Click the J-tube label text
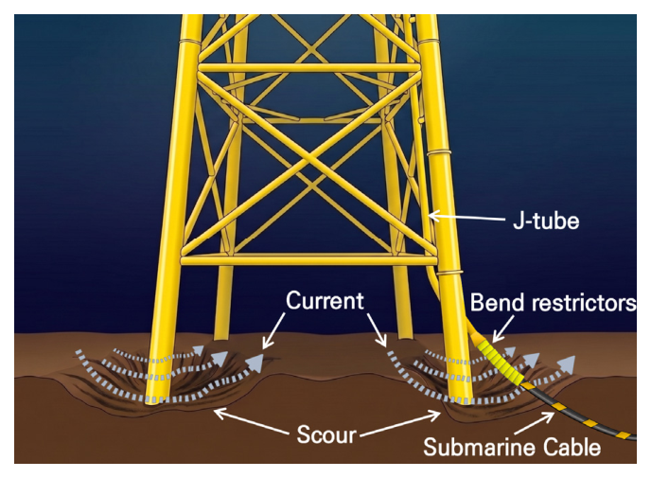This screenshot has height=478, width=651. pyautogui.click(x=546, y=221)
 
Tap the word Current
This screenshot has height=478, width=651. pyautogui.click(x=325, y=300)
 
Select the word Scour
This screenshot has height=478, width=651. pyautogui.click(x=326, y=434)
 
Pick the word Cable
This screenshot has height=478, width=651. pyautogui.click(x=564, y=448)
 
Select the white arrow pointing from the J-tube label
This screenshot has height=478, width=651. pyautogui.click(x=466, y=217)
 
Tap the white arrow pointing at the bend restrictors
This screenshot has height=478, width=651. pyautogui.click(x=503, y=328)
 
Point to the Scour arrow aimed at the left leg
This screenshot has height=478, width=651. pyautogui.click(x=251, y=421)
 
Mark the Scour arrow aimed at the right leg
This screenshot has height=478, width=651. pyautogui.click(x=400, y=424)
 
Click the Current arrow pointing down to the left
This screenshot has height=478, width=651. pyautogui.click(x=273, y=330)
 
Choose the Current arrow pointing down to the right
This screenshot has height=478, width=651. pyautogui.click(x=377, y=330)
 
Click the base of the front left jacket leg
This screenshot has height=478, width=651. pyautogui.click(x=157, y=398)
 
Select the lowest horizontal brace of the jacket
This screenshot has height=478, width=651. pyautogui.click(x=308, y=260)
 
